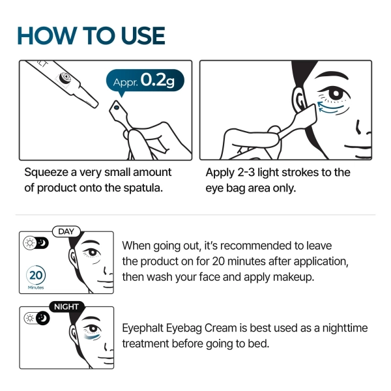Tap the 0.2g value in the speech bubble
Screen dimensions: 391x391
(158, 80)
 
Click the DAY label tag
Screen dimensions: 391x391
(66, 231)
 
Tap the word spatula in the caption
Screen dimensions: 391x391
(141, 188)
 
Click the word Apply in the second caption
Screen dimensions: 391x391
(220, 173)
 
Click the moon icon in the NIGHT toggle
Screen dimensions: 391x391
(42, 319)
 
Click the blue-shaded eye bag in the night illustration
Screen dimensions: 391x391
(93, 337)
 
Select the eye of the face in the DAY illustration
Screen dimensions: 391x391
(94, 252)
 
